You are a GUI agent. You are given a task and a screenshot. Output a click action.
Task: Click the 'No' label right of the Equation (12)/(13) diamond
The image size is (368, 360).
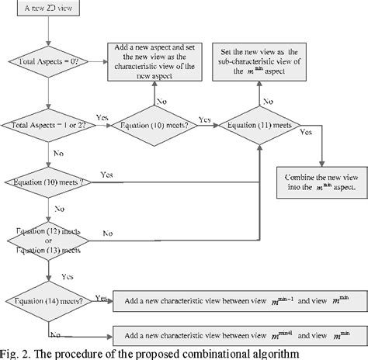click(106, 232)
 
